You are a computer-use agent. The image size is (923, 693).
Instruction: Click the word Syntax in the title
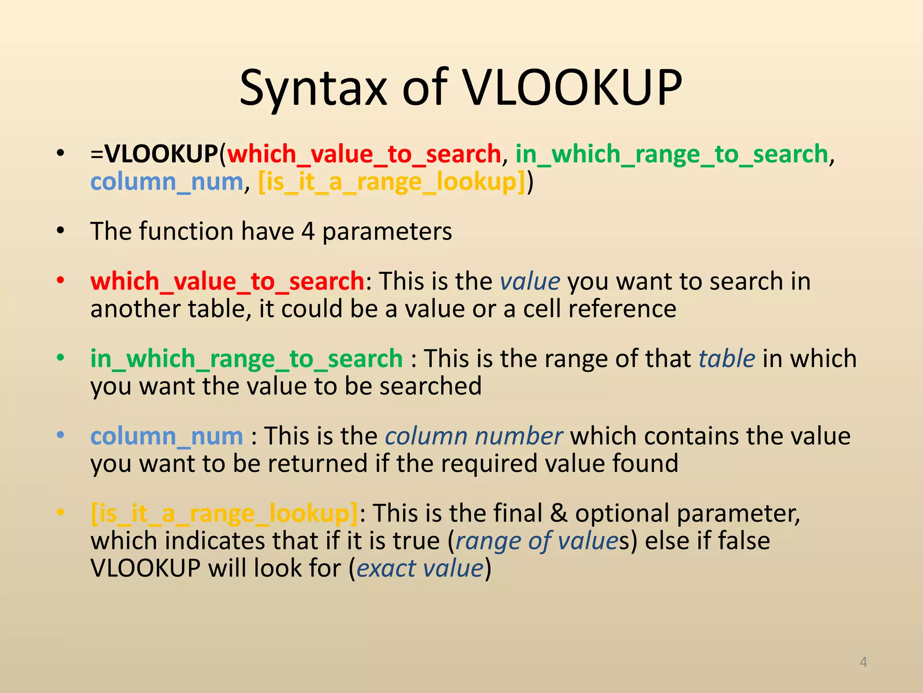pos(313,88)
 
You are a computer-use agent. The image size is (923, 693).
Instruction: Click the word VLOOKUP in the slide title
pos(573,88)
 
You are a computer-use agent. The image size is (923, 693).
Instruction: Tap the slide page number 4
pos(863,662)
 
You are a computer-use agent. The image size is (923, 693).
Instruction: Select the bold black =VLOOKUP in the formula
pos(155,154)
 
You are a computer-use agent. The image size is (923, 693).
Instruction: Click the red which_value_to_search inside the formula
pos(364,155)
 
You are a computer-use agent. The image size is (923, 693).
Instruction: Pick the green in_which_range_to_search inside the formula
pos(672,155)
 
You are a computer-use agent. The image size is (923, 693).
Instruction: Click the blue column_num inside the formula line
pos(167,182)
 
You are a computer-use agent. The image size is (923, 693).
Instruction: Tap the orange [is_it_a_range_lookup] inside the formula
pos(392,182)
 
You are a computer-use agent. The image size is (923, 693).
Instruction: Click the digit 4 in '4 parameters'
pos(308,231)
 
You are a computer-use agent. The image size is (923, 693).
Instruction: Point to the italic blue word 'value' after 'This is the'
pos(530,282)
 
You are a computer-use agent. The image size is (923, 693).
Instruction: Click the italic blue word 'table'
pos(727,359)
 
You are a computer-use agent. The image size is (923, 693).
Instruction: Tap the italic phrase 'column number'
pos(474,436)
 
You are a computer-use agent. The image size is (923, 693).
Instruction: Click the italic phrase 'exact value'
pos(420,568)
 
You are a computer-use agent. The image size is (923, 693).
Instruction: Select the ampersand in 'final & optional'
pos(558,513)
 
